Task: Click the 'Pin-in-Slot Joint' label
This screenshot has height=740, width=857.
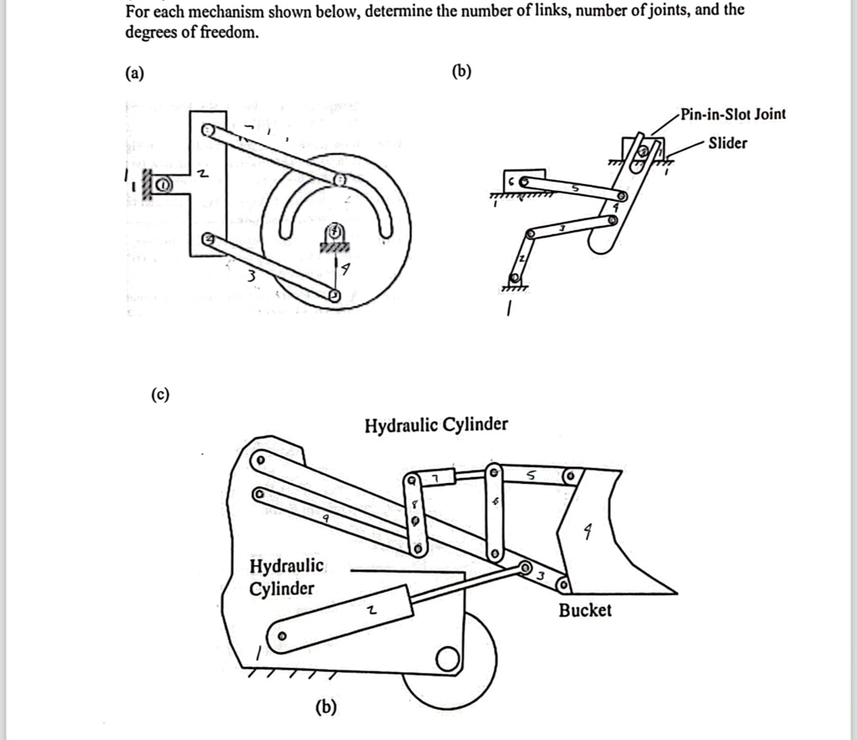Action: [x=732, y=115]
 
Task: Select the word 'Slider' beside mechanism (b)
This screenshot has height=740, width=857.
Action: [x=727, y=143]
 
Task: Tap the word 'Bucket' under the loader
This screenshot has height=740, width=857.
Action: [x=585, y=610]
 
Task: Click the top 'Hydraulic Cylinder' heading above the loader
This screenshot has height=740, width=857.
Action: [x=435, y=424]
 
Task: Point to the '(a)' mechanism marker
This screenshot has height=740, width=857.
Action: [x=134, y=73]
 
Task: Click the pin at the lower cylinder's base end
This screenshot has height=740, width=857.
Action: [x=283, y=635]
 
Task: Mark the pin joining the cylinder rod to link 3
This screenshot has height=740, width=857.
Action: [x=526, y=569]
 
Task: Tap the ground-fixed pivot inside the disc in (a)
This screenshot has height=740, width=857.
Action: [x=333, y=229]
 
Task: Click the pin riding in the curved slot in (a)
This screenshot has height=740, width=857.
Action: [x=340, y=181]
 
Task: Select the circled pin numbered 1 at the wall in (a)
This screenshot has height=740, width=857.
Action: [x=162, y=185]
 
